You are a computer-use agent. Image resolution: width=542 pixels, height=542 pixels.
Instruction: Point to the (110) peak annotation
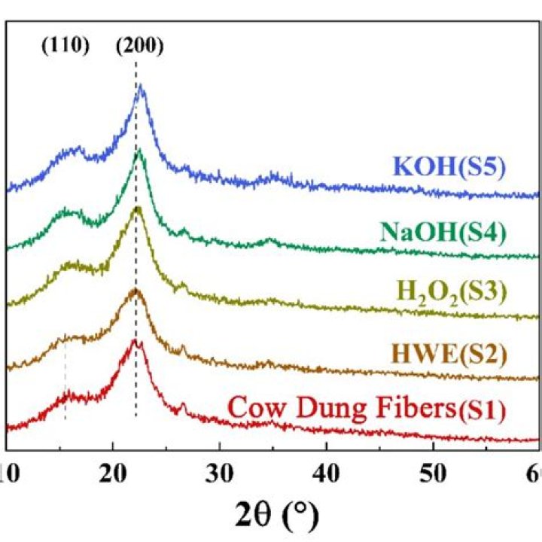[x=64, y=47]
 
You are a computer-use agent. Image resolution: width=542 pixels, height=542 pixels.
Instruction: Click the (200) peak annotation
[x=139, y=47]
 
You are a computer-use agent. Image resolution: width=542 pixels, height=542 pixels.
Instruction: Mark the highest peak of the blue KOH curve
[x=140, y=87]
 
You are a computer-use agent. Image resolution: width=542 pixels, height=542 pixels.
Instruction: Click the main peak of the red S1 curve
[x=135, y=341]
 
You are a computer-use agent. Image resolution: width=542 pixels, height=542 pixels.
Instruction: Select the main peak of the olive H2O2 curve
[x=137, y=209]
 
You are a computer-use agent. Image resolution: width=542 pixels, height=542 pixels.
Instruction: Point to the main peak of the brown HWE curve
[x=135, y=290]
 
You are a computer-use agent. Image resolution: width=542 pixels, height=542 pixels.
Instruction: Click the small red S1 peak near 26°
[x=182, y=406]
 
